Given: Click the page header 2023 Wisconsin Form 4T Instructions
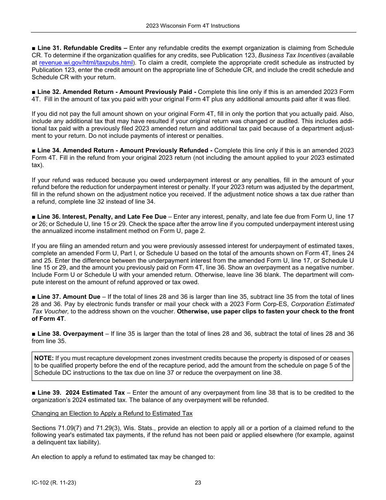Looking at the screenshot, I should tap(193, 26).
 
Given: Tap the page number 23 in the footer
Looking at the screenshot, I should tap(198, 483).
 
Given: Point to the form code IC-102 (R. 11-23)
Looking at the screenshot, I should tap(54, 483).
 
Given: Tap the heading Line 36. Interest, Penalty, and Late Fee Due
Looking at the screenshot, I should tap(102, 217).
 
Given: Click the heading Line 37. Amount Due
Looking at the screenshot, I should tap(68, 297).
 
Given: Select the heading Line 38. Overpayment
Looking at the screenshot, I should tap(70, 334).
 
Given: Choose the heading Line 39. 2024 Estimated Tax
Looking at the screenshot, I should tap(80, 393).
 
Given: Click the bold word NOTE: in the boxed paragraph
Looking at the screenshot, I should tap(44, 358).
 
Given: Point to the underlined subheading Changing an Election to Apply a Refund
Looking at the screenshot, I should tap(112, 413).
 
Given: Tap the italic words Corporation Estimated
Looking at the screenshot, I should tap(323, 304).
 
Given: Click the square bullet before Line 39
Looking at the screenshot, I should tap(34, 393).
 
